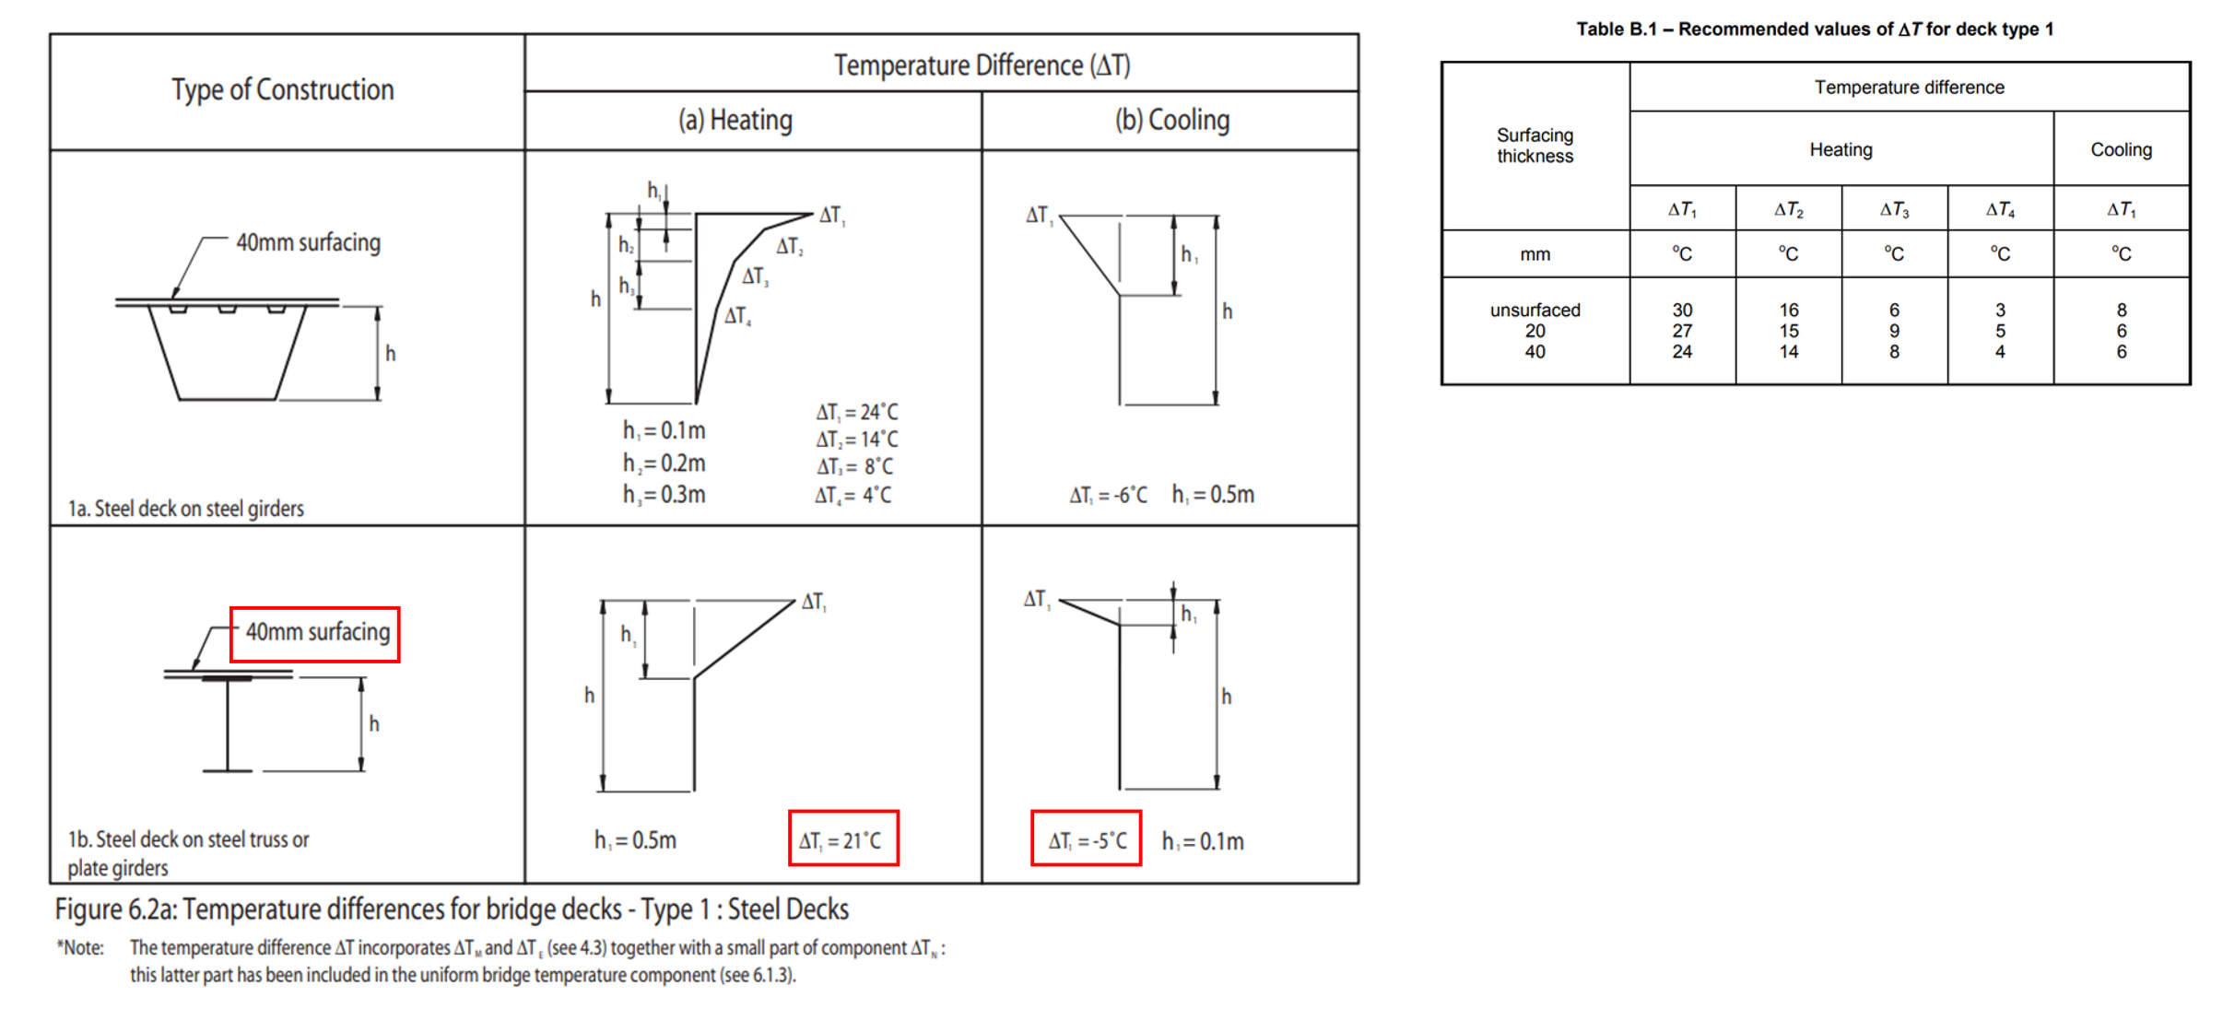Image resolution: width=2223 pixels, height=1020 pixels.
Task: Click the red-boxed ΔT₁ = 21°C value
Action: (842, 838)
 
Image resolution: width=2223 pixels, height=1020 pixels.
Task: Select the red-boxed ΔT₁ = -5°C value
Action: (1086, 838)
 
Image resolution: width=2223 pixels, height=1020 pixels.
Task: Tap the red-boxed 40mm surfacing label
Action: (315, 634)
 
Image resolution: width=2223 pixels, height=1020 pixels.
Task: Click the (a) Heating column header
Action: (735, 121)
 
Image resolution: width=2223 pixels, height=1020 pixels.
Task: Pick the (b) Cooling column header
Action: (1171, 121)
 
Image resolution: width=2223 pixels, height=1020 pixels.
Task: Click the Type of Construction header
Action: (282, 90)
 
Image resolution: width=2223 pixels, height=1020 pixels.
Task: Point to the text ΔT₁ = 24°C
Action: (856, 412)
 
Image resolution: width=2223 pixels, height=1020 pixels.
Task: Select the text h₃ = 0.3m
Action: (664, 495)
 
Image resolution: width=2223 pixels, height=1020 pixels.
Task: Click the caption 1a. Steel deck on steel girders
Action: (185, 509)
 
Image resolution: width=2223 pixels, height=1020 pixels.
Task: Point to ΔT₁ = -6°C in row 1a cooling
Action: (1108, 496)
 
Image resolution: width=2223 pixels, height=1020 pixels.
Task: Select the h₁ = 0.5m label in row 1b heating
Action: (635, 840)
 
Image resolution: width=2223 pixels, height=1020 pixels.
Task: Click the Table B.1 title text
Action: (1815, 29)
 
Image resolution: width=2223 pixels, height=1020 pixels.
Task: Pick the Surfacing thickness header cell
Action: (1535, 146)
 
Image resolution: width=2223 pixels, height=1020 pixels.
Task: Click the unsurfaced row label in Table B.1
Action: (1535, 311)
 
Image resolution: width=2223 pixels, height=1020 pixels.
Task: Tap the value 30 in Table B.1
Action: (1682, 311)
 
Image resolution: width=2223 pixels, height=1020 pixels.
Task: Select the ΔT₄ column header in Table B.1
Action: (2000, 210)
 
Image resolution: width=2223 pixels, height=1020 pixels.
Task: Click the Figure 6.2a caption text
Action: (452, 909)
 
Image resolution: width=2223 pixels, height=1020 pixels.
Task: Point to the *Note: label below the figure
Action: (80, 948)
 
